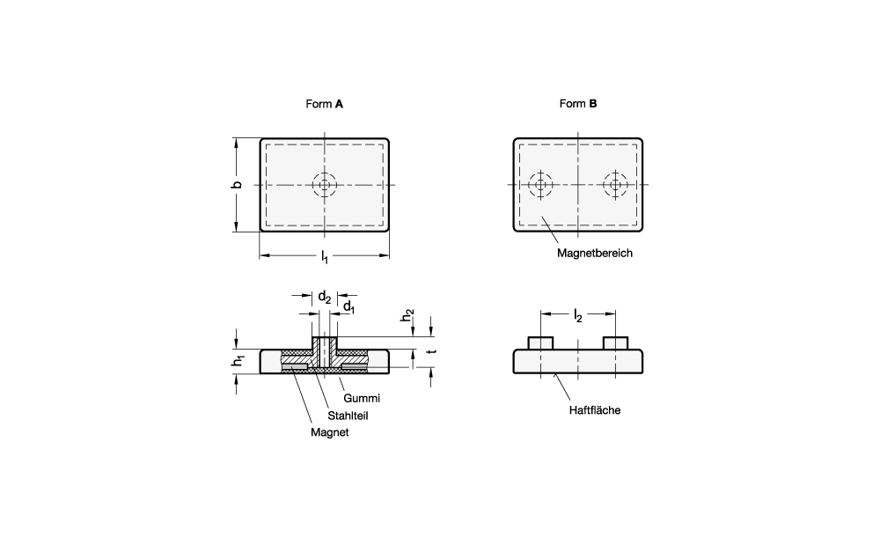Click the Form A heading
click(324, 104)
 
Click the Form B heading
click(578, 103)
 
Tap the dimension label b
click(237, 185)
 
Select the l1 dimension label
click(325, 257)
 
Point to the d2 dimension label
click(325, 297)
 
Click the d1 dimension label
click(349, 306)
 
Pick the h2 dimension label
click(407, 315)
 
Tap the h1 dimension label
click(238, 361)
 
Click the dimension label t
click(431, 351)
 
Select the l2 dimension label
click(577, 316)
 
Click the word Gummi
click(362, 398)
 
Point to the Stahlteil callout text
click(348, 416)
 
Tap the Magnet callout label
click(329, 432)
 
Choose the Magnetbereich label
click(594, 254)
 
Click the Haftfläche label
click(594, 410)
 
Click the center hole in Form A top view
click(325, 185)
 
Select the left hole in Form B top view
click(540, 185)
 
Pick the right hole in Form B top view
click(616, 185)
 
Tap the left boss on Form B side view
click(540, 343)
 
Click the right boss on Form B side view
click(616, 343)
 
